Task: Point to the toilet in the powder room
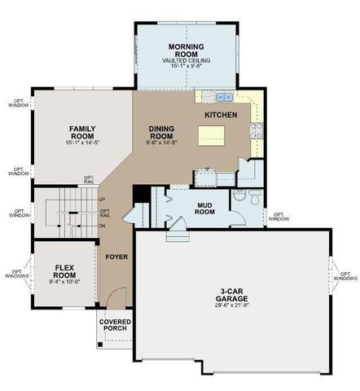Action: click(252, 198)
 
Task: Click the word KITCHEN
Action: click(221, 116)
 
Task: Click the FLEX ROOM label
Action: click(64, 271)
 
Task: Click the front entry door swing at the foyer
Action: click(119, 297)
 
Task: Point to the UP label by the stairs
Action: click(102, 199)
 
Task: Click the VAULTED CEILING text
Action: click(186, 59)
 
